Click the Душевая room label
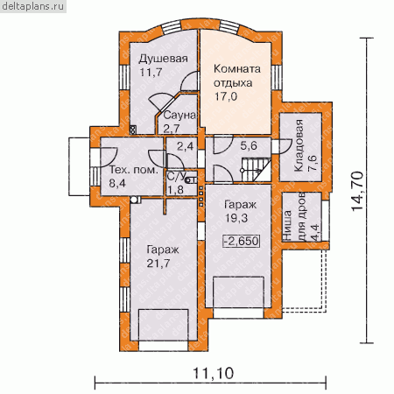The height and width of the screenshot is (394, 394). (x=163, y=59)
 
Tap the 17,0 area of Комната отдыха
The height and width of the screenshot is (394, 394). (x=226, y=96)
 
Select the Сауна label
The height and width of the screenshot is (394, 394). (x=179, y=116)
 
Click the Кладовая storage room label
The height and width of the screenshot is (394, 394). (x=299, y=145)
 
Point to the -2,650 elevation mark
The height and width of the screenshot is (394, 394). (x=241, y=241)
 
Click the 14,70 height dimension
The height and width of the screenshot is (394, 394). (x=357, y=191)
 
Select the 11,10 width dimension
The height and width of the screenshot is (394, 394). (x=214, y=373)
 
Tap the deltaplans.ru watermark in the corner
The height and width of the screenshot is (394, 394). (x=33, y=6)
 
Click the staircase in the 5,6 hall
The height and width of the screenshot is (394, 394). (x=256, y=170)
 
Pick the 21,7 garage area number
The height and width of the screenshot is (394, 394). (x=158, y=264)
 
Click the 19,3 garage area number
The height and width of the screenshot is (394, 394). (x=236, y=218)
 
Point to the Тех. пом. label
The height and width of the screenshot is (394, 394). (x=133, y=170)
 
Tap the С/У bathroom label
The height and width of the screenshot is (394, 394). (x=176, y=176)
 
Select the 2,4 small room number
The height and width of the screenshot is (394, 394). (x=185, y=146)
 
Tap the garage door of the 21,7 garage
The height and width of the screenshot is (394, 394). (x=163, y=346)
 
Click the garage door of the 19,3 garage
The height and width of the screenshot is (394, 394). (x=238, y=313)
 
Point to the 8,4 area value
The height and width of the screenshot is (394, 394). (x=117, y=183)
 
